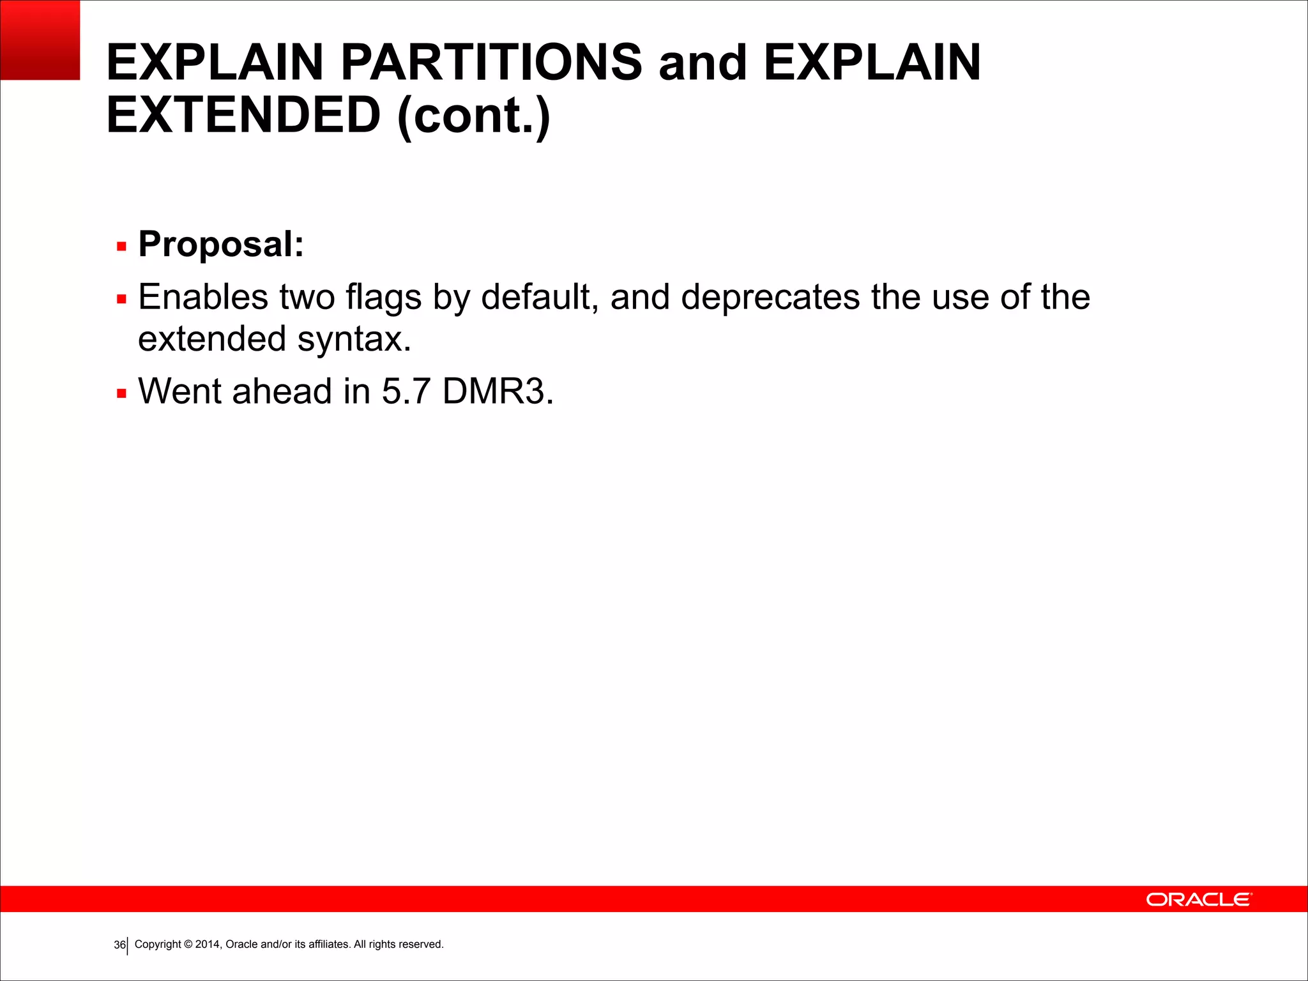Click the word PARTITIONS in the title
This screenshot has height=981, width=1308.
tap(491, 63)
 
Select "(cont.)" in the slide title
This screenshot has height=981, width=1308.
tap(473, 116)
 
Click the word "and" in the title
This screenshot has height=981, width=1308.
tap(703, 63)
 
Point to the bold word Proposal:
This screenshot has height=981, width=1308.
tap(221, 244)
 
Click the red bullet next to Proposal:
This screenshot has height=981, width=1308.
tap(122, 246)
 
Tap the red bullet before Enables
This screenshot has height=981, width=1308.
tap(122, 299)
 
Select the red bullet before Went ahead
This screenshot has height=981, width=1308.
tap(122, 393)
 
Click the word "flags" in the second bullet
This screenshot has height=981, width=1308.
tap(383, 298)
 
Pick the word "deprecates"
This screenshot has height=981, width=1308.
tap(770, 298)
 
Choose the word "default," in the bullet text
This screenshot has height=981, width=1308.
tap(540, 298)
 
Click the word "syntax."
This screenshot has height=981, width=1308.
tap(354, 339)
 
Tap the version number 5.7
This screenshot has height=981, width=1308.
tap(406, 391)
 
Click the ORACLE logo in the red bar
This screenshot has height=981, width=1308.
tap(1199, 899)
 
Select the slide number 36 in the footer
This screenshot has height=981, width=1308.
tap(119, 945)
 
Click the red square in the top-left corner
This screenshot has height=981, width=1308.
tap(40, 40)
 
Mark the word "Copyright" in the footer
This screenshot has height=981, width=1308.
tap(158, 944)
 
